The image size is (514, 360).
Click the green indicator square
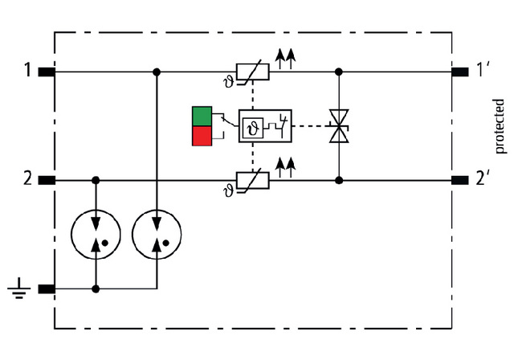202,117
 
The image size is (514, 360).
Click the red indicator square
202,137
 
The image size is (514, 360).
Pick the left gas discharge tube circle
96,234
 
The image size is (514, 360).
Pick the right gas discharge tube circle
157,234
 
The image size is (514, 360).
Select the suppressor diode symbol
339,127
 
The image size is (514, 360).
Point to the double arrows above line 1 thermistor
284,55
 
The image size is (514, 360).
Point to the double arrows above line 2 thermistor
284,166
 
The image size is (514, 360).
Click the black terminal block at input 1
46,72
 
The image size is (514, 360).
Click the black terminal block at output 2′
462,181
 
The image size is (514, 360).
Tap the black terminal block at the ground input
46,288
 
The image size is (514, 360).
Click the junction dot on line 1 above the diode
339,72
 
